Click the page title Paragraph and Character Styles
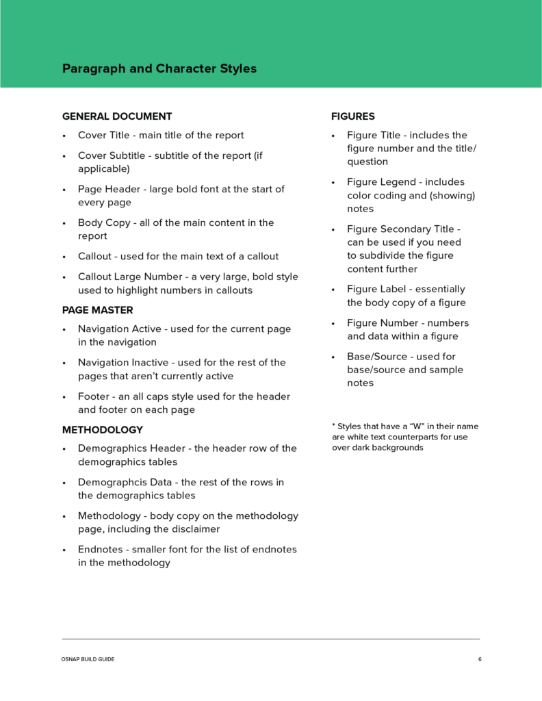pyautogui.click(x=159, y=68)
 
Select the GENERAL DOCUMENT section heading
pyautogui.click(x=117, y=116)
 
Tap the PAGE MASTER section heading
pyautogui.click(x=98, y=310)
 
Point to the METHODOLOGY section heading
pyautogui.click(x=103, y=430)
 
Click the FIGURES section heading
pyautogui.click(x=353, y=116)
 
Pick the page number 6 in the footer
pyautogui.click(x=480, y=659)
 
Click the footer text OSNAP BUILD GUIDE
pyautogui.click(x=88, y=659)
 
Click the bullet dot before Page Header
pyautogui.click(x=64, y=190)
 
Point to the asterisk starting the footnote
pyautogui.click(x=333, y=426)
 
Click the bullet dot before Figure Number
pyautogui.click(x=333, y=323)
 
